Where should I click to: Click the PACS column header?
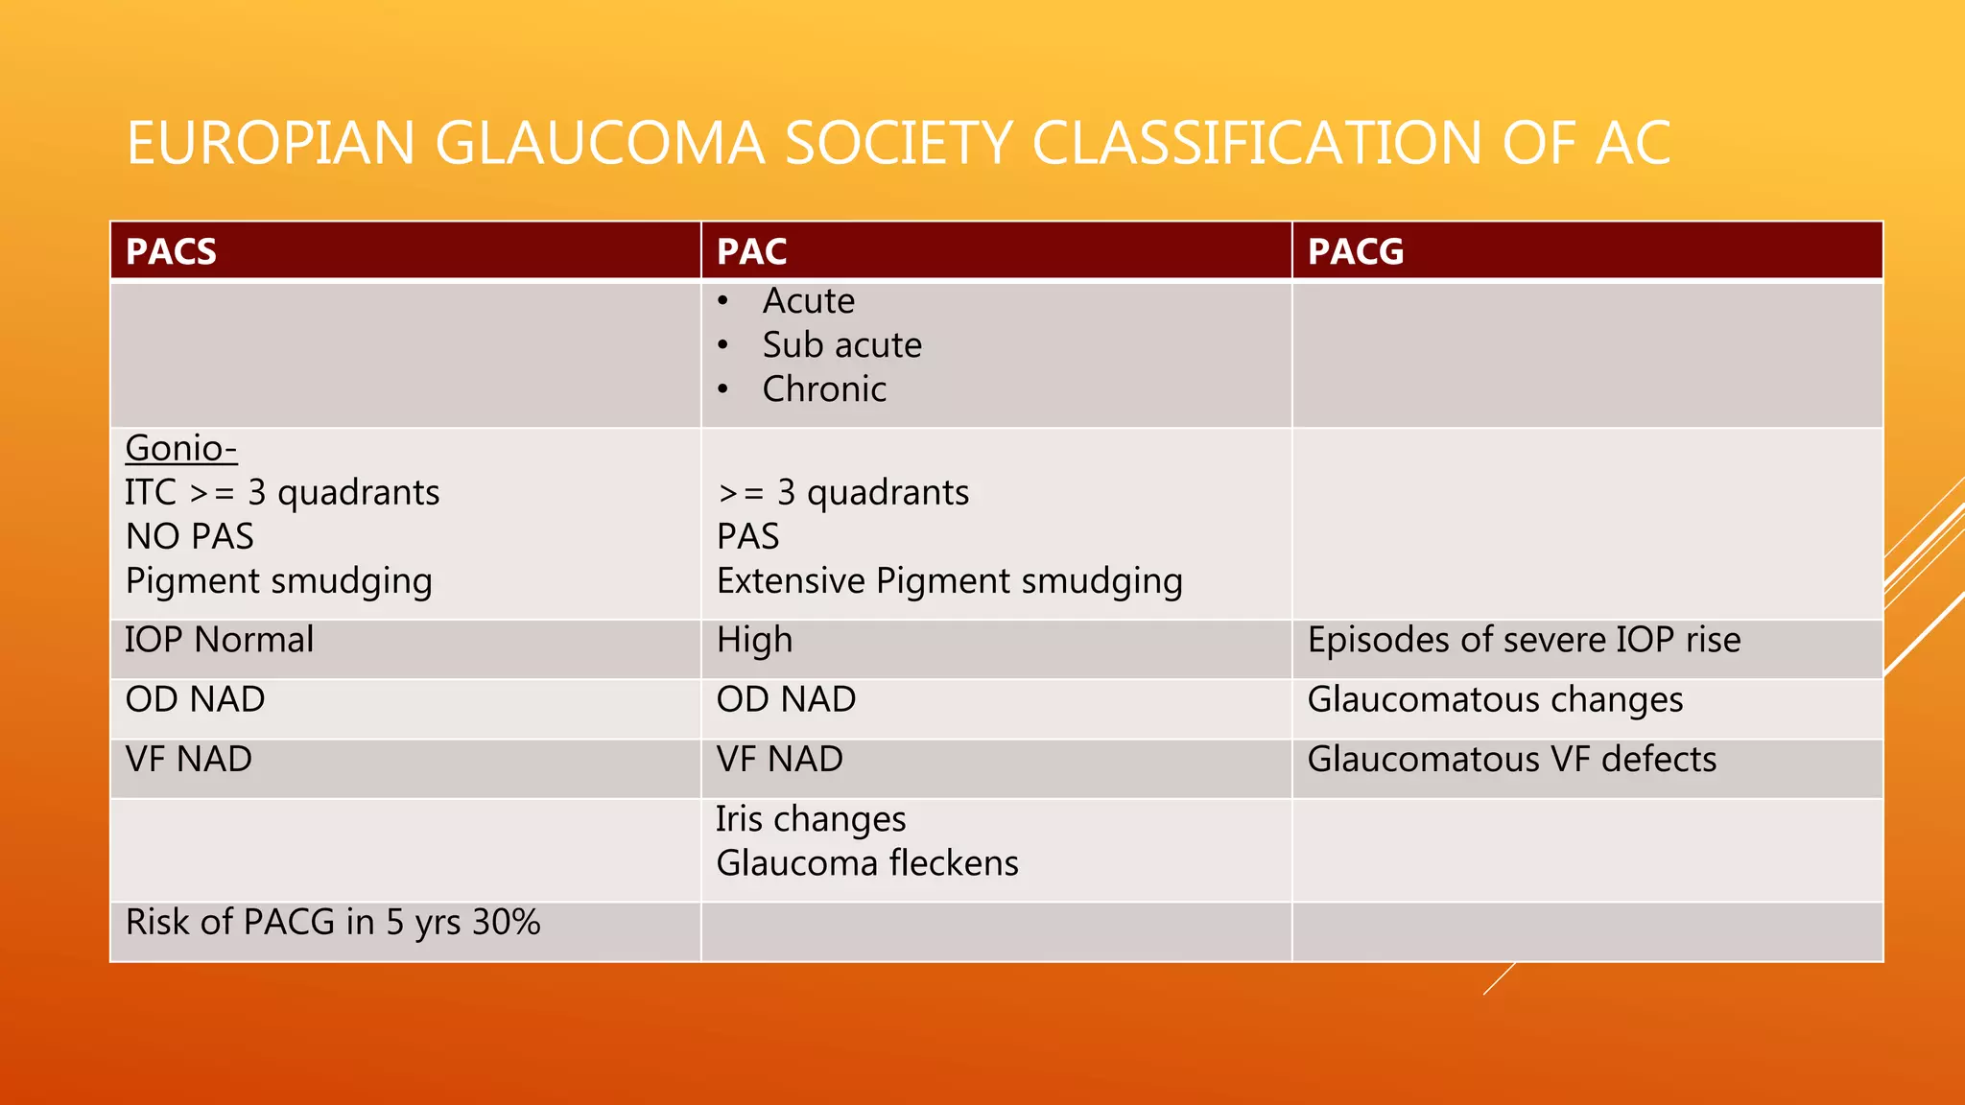tap(171, 251)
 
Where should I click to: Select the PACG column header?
tap(1355, 251)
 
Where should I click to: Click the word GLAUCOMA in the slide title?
tap(600, 143)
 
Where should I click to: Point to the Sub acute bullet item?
tap(841, 345)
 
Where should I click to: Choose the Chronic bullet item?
tap(824, 389)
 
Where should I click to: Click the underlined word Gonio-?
tap(181, 448)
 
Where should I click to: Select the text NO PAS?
tap(190, 536)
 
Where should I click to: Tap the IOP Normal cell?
tap(220, 640)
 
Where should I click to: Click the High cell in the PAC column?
tap(755, 640)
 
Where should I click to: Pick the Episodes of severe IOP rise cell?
tap(1524, 640)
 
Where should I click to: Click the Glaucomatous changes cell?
tap(1495, 699)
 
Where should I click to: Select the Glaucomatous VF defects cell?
tap(1511, 759)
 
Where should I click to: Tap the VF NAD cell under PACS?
tap(189, 759)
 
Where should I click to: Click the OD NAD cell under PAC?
tap(786, 699)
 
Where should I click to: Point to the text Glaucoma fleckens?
tap(867, 863)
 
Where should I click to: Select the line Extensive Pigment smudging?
tap(949, 581)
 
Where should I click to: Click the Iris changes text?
tap(811, 819)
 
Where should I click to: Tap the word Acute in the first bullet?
tap(809, 301)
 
